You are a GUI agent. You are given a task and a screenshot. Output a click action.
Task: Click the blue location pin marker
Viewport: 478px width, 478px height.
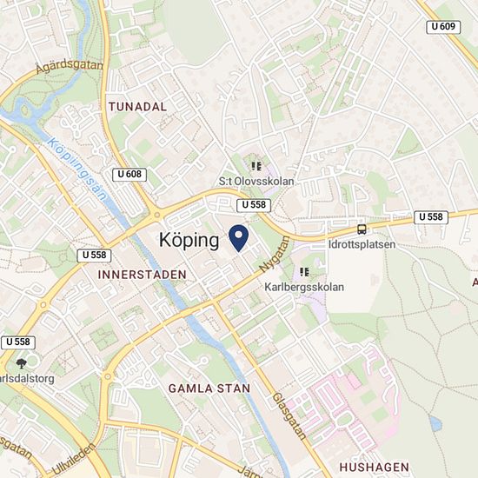pos(238,236)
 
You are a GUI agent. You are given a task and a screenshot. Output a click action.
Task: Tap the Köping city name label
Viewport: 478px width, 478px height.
pos(189,241)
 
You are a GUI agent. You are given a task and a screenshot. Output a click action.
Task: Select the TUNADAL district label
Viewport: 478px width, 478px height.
pos(137,105)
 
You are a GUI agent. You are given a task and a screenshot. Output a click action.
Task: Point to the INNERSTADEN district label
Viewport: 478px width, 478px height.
pos(143,274)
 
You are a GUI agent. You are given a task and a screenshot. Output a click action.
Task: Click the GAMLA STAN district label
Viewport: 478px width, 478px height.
pos(209,388)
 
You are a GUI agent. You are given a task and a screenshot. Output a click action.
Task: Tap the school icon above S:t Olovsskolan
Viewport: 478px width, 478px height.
pos(256,166)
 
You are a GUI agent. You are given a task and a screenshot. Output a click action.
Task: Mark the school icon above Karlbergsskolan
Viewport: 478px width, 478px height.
pos(304,271)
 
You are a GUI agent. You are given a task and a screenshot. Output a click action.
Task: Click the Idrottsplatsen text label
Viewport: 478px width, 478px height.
pos(362,245)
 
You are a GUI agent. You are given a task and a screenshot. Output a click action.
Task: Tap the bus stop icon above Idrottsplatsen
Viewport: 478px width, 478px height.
pos(361,229)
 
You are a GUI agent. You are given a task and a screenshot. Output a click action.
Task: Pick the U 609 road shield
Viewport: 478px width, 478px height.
pos(443,28)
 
